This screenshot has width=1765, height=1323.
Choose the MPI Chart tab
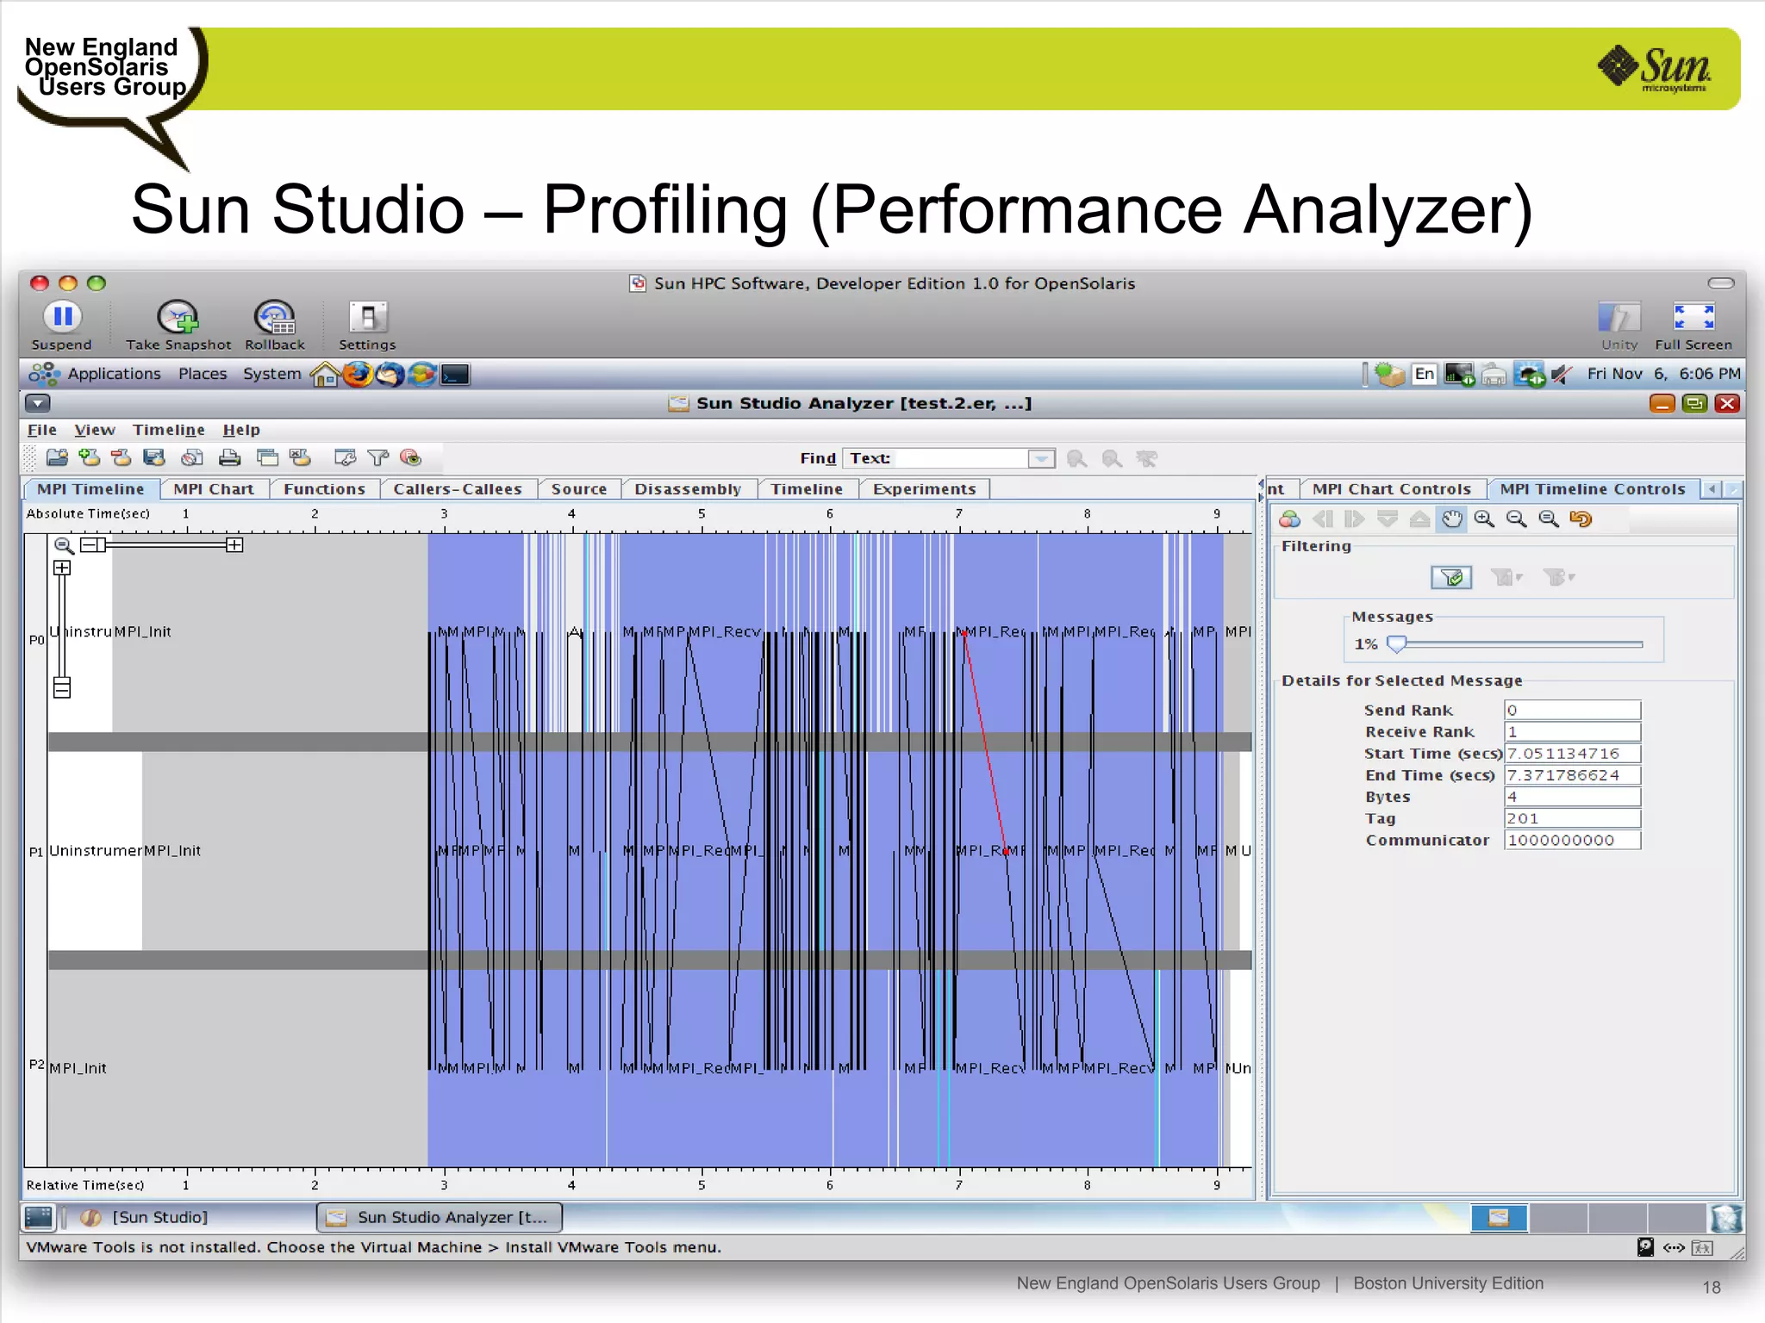coord(214,489)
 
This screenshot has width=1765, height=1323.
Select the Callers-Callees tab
coord(458,489)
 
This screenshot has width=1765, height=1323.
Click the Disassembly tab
coord(688,489)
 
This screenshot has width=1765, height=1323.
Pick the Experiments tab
coord(924,489)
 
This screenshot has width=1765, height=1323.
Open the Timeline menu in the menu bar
coord(169,430)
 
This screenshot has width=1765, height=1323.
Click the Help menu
coord(241,430)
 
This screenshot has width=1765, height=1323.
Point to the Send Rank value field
coord(1572,710)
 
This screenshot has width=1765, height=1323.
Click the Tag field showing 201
coord(1572,818)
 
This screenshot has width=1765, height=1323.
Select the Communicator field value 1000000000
coord(1572,840)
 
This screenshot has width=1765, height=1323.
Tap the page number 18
coord(1712,1287)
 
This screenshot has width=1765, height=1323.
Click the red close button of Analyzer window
coord(1727,403)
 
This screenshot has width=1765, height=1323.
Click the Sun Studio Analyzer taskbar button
coord(440,1217)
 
